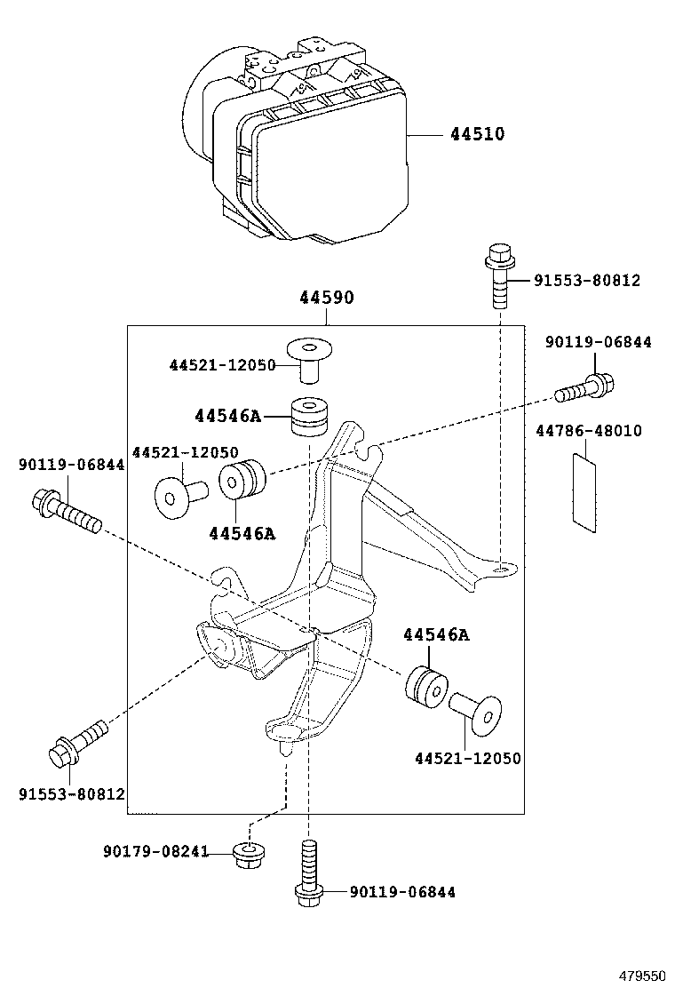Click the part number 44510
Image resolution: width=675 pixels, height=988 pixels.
[477, 134]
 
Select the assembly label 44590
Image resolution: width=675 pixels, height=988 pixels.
[326, 298]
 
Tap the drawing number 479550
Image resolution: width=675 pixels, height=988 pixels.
[641, 976]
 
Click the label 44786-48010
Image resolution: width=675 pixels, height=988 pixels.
[589, 431]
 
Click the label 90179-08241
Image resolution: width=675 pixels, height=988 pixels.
[155, 852]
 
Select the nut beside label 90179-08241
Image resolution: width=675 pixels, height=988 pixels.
[250, 855]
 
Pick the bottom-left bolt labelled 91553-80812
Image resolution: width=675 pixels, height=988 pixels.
[77, 745]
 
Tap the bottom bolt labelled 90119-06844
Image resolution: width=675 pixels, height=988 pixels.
[308, 873]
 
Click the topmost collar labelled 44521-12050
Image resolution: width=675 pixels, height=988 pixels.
[308, 359]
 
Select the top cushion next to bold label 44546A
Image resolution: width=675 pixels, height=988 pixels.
[308, 416]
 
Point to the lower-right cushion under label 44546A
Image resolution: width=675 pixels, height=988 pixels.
[425, 686]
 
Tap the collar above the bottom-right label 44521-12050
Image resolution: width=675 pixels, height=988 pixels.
[476, 710]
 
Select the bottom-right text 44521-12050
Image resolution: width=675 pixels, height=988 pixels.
[468, 758]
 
